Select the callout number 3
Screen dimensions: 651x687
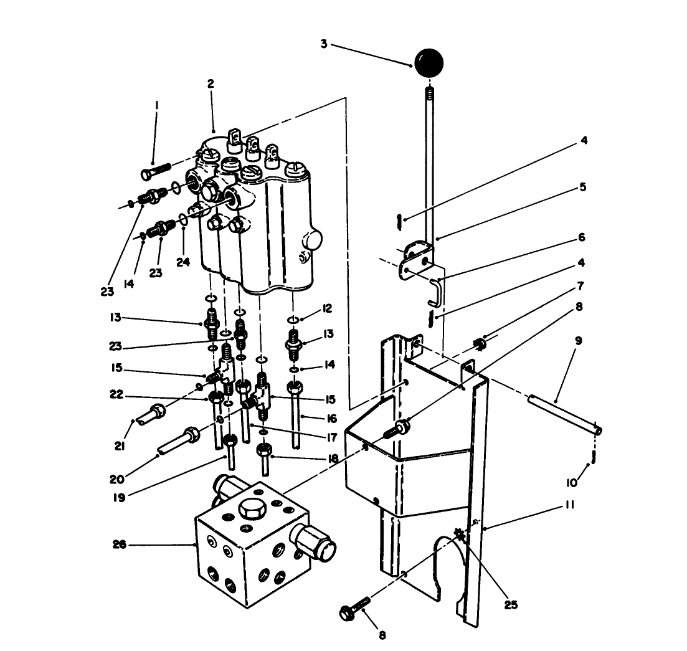coord(323,44)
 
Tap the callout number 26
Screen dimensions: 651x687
coord(119,544)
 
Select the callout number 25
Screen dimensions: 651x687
coord(511,604)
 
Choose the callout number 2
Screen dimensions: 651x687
coord(211,83)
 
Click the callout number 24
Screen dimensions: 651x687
coord(182,262)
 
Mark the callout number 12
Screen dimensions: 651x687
coord(328,309)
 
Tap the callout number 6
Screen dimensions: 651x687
coord(581,237)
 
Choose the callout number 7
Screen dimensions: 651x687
coord(580,287)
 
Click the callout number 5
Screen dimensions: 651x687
coord(581,187)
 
